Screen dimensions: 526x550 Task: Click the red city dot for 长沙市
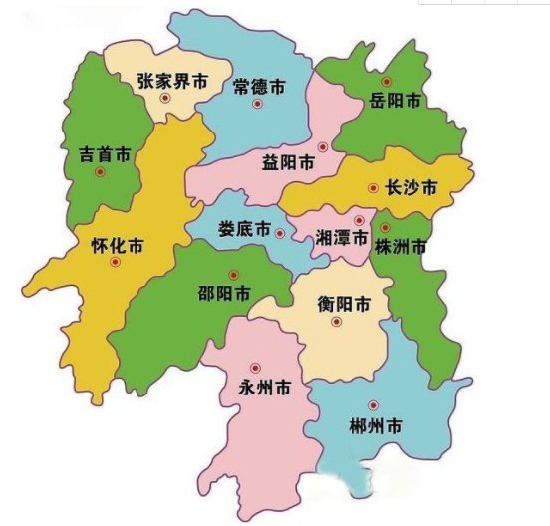[x=372, y=186]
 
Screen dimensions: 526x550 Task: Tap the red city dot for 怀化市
[x=116, y=262]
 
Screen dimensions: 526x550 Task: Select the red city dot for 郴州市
[x=373, y=404]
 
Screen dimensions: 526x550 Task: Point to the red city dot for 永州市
[x=255, y=366]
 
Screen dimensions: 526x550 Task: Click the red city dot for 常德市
[x=257, y=103]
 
